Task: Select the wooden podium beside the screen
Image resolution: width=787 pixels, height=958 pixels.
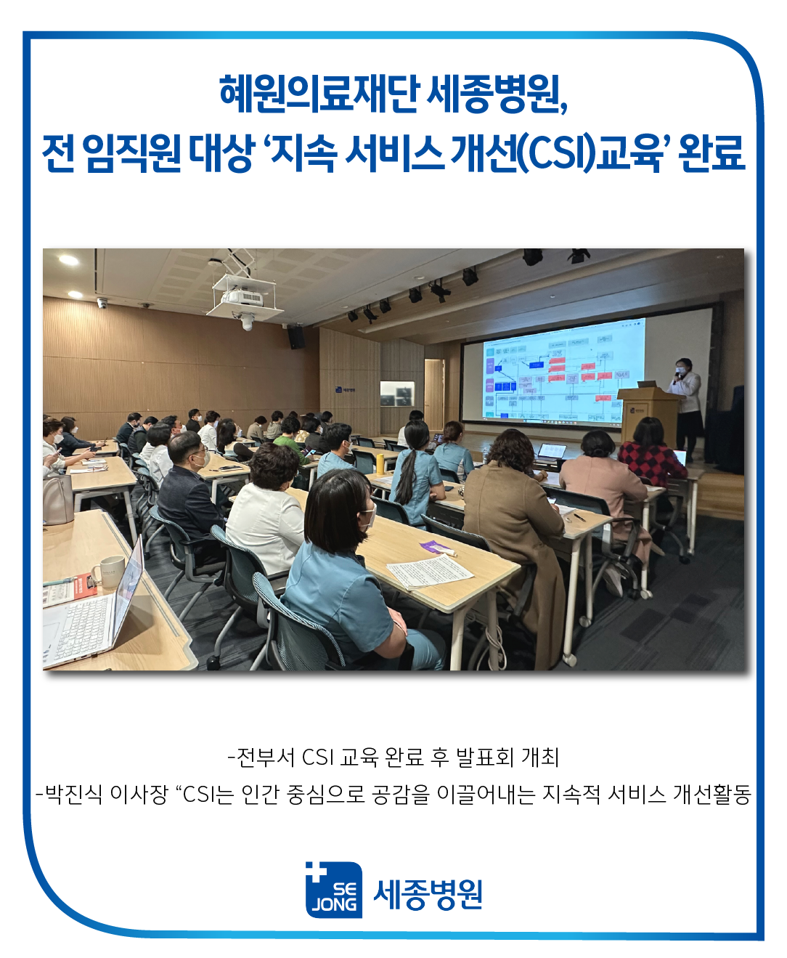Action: [646, 414]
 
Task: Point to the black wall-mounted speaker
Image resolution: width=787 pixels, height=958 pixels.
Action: [295, 336]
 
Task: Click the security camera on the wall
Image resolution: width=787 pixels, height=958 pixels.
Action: [102, 303]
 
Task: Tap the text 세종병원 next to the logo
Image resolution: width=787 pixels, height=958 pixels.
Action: [428, 894]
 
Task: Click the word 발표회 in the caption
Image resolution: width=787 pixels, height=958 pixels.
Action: [484, 758]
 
